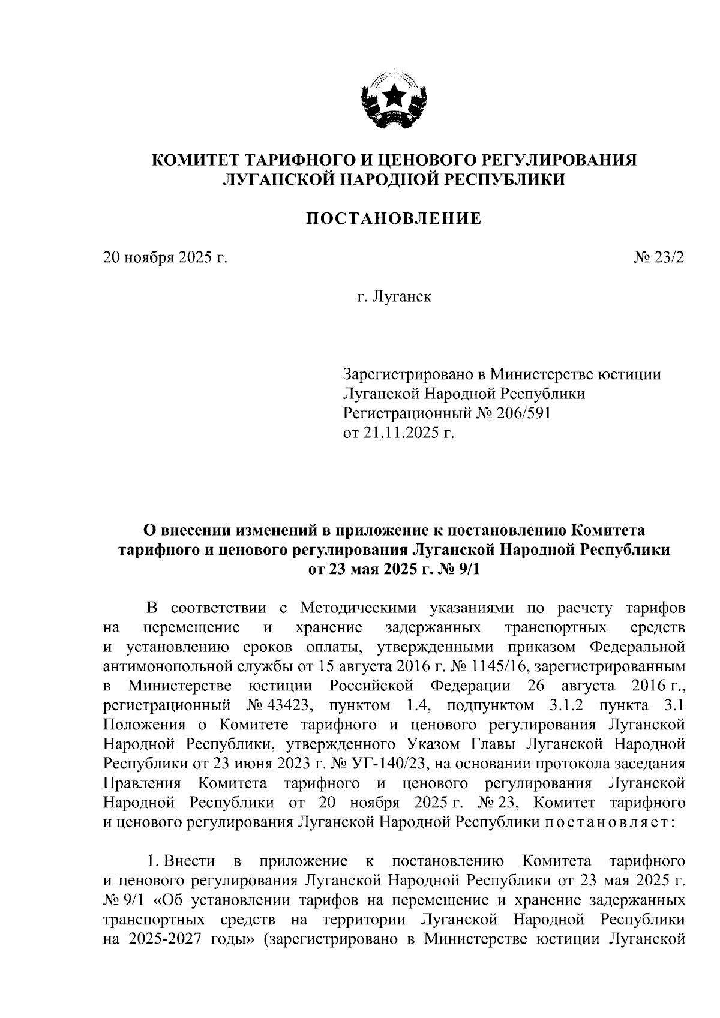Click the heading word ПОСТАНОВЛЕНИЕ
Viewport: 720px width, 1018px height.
(x=394, y=218)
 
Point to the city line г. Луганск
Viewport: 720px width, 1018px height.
(x=394, y=296)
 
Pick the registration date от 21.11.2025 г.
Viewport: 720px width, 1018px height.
(x=399, y=432)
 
